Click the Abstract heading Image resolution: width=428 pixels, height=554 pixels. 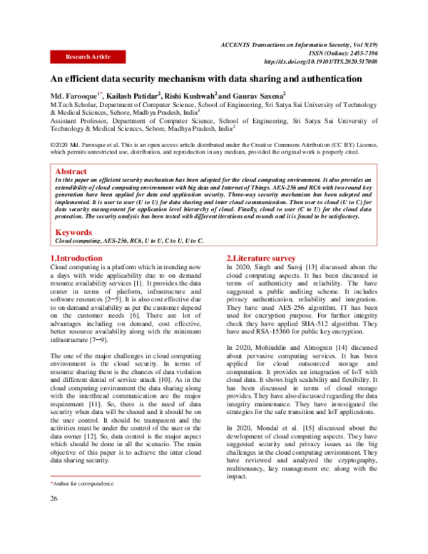click(73, 172)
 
